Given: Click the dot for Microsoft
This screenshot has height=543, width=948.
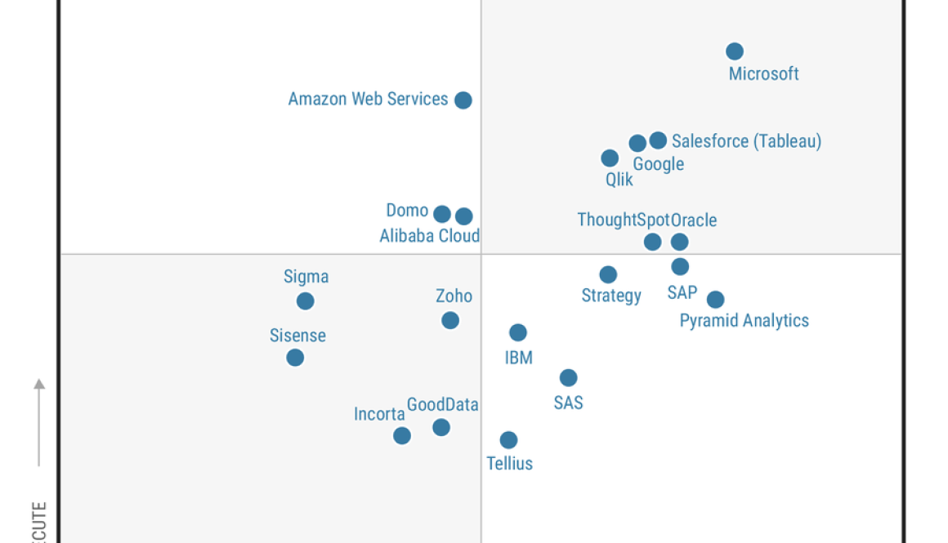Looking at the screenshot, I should pos(735,51).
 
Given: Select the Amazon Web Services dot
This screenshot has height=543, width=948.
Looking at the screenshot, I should pos(463,100).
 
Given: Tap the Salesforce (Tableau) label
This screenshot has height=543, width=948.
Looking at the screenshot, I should pos(746,141).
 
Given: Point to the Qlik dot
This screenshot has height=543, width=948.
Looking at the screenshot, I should pos(610,158).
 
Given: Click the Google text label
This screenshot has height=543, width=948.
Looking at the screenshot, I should pos(658,164).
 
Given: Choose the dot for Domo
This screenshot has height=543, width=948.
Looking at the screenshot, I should pos(442,214).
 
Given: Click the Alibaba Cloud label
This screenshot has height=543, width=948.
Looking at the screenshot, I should pos(429,236).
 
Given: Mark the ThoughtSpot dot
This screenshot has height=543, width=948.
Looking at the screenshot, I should pos(652,242).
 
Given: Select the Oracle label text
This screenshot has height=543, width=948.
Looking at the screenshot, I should pos(694,220).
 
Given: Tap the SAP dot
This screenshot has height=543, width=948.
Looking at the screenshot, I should pos(680,267).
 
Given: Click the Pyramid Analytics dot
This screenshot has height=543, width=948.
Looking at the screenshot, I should pos(715,300).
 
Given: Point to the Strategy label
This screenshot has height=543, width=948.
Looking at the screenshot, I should pos(610,296).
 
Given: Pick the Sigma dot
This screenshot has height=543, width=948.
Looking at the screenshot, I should pos(306,301).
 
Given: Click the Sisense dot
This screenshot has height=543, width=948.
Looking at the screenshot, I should pos(295,358).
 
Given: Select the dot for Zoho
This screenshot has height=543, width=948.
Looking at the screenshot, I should pos(450,320).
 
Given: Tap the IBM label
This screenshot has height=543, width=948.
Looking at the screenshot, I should pos(519,358).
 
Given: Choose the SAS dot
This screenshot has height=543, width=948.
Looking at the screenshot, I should pos(568,378).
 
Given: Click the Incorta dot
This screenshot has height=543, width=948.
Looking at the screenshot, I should pos(402,436).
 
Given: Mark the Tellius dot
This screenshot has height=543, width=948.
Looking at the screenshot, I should pos(508,440).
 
